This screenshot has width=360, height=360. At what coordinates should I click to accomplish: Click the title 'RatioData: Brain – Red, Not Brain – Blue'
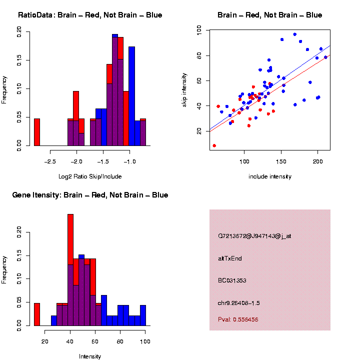click(90, 15)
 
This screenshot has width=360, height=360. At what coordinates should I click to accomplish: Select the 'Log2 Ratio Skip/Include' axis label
click(89, 176)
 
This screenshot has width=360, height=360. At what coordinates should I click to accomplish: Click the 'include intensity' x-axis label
click(270, 176)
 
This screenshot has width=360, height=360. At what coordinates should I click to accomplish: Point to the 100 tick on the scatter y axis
click(199, 30)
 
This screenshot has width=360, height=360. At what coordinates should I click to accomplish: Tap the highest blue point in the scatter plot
click(295, 34)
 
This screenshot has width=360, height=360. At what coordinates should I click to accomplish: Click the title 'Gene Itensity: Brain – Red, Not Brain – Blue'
click(90, 195)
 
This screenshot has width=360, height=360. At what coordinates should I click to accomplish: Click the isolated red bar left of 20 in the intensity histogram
click(36, 314)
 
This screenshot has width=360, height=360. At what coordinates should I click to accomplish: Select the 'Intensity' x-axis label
click(89, 356)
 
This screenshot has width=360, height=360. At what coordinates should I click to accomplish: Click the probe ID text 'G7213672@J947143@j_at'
click(254, 236)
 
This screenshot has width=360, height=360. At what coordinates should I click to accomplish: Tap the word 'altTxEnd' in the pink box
click(230, 258)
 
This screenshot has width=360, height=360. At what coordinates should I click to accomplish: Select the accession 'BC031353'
click(232, 280)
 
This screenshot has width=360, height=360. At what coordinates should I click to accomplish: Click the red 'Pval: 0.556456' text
click(238, 319)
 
